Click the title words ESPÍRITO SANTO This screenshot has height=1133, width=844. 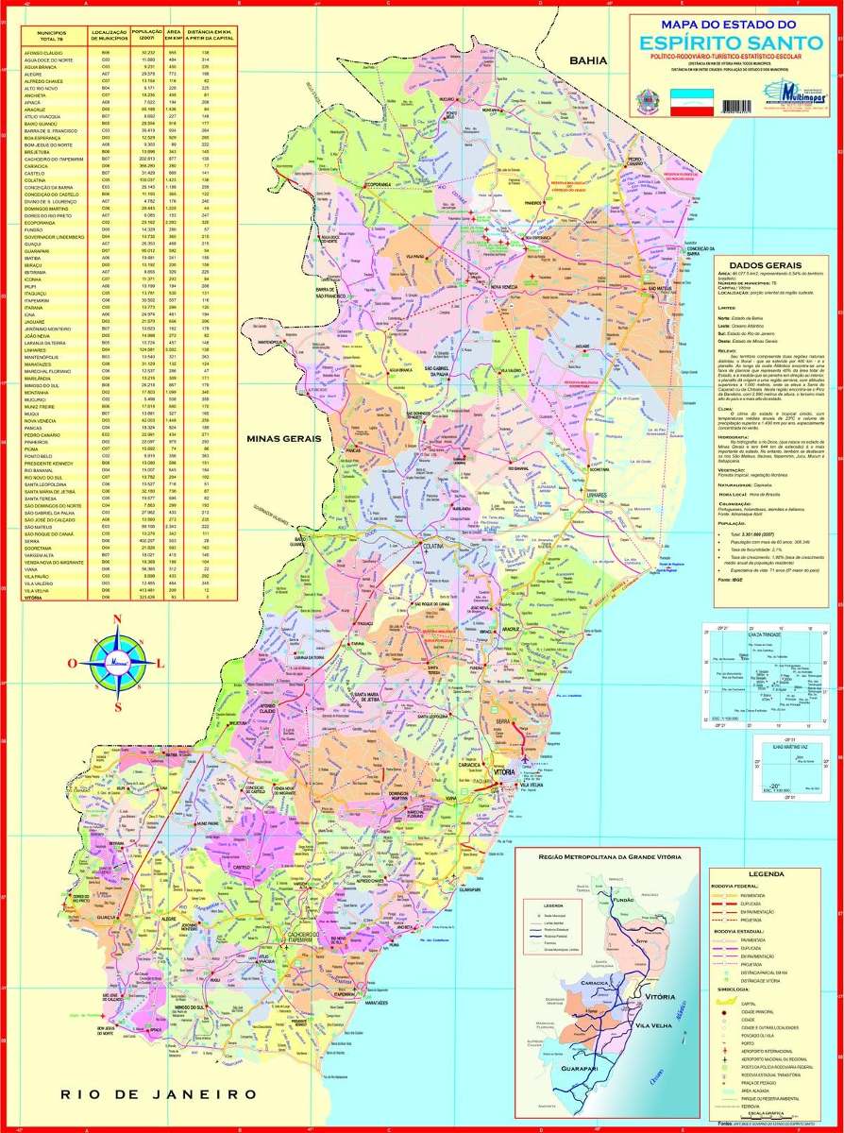point(730,42)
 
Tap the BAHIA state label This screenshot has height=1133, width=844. point(587,60)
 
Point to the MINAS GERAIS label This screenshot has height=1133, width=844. point(283,439)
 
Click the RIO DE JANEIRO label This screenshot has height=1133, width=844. point(158,1093)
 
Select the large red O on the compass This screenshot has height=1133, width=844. point(73,663)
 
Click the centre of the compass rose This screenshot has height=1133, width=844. point(116,662)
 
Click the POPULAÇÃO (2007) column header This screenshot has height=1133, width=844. point(147,34)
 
